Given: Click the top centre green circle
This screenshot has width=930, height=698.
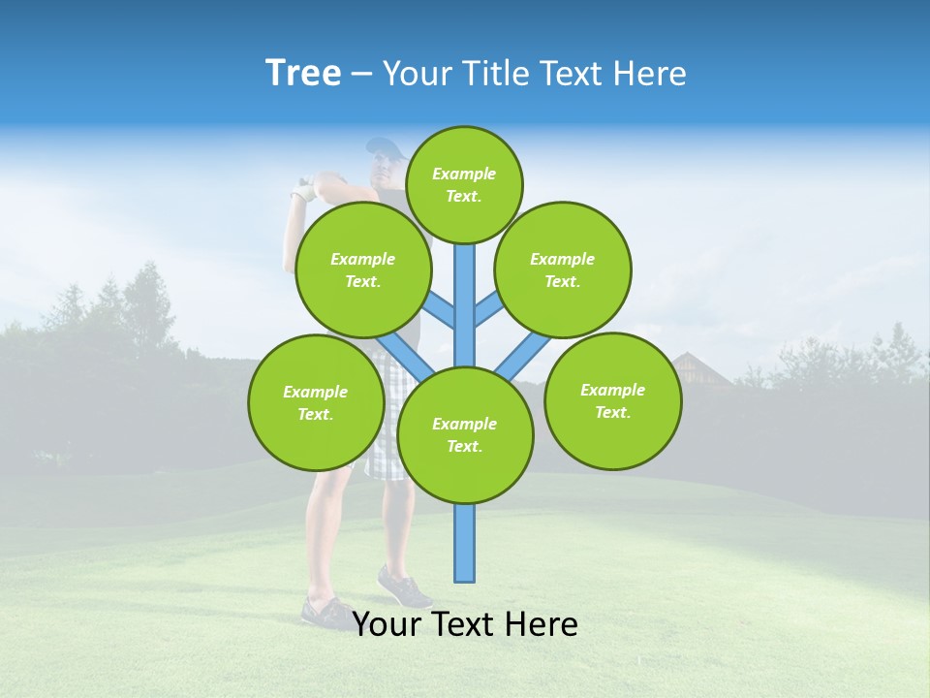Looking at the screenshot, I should tap(464, 184).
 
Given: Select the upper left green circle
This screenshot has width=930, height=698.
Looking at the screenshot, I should tap(363, 270).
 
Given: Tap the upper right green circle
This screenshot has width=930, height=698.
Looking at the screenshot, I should tap(563, 270).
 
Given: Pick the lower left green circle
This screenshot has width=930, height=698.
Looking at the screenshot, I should tap(316, 402).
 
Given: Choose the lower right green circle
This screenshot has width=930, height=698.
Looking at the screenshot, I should tap(613, 400).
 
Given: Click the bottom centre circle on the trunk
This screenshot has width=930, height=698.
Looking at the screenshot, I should tap(465, 435).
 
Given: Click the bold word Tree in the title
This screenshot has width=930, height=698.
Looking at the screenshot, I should tap(303, 73).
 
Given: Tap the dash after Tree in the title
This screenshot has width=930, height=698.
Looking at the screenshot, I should tap(361, 74).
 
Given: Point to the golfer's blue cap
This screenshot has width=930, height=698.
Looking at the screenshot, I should tap(385, 148).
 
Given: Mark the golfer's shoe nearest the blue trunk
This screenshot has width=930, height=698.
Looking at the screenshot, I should tap(405, 587).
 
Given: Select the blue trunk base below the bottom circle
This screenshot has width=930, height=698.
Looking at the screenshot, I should tap(465, 543).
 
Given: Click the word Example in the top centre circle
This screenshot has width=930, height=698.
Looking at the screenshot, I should tap(464, 174).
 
